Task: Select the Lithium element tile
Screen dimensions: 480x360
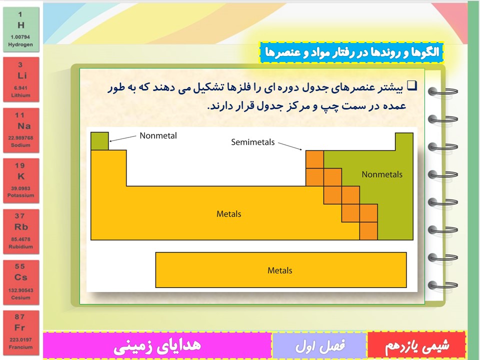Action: [x=21, y=79]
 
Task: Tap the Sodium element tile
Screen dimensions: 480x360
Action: [x=21, y=130]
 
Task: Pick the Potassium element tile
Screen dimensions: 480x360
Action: [x=21, y=180]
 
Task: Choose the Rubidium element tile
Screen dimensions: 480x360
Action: [x=21, y=231]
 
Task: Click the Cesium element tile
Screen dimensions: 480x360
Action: [x=21, y=282]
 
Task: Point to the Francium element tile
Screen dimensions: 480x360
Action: [x=21, y=333]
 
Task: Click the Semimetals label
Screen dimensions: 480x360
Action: [x=252, y=142]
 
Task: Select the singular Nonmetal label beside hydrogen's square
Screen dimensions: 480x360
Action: [x=158, y=135]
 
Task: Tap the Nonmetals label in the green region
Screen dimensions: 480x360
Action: [x=381, y=174]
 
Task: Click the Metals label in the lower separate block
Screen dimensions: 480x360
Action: [x=280, y=270]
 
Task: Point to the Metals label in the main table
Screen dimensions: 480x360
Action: [x=228, y=213]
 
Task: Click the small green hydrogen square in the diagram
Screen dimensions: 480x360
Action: [x=99, y=141]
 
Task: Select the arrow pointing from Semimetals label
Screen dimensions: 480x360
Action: [x=290, y=146]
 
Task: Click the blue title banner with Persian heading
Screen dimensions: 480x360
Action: [x=351, y=52]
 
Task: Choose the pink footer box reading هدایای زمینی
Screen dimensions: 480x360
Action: [x=157, y=345]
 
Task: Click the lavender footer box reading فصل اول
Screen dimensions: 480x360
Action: [x=319, y=345]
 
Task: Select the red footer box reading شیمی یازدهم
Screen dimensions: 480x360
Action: [x=416, y=344]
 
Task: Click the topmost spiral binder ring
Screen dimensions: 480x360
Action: [x=442, y=91]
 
